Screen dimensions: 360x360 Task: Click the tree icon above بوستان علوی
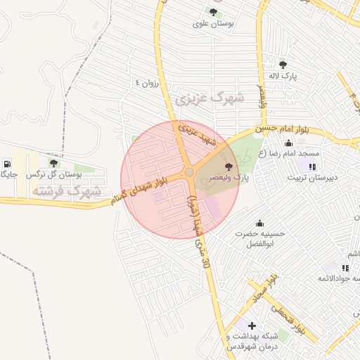212,11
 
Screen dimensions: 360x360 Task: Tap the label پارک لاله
283,75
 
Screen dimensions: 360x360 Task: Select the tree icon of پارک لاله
283,64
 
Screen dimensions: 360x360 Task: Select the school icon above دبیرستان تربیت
312,167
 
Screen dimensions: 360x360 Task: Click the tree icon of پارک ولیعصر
229,167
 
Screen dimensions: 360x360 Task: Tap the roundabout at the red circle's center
189,173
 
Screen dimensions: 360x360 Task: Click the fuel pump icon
7,162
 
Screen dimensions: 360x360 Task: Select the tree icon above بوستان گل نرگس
53,163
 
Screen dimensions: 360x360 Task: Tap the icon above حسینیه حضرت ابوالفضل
259,223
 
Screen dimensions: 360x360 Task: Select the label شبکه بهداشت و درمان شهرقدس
252,342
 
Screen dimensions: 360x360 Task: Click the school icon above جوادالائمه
345,268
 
